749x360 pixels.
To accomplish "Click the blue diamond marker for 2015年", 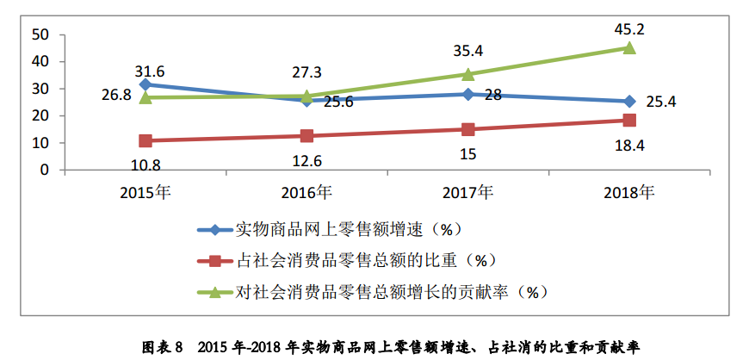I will pos(145,84).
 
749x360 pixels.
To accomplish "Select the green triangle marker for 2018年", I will pos(629,48).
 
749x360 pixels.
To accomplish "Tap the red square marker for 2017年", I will pos(468,129).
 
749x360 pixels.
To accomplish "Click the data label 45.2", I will pos(629,29).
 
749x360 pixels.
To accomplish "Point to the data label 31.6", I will pos(150,69).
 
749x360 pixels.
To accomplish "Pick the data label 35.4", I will pos(468,53).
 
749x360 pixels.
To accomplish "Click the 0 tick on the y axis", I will pos(42,170).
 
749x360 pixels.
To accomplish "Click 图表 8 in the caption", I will pos(163,347).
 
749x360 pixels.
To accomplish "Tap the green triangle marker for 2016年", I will pos(307,96).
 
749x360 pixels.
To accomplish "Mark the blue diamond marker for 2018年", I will pos(629,101).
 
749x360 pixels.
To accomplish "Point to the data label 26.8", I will pos(115,96).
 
